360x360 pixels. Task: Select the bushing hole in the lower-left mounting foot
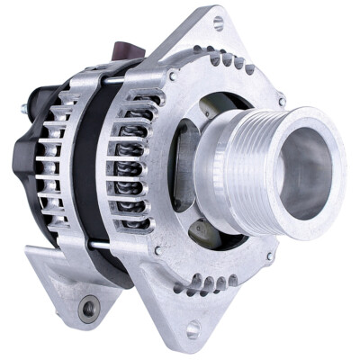pos(88,310)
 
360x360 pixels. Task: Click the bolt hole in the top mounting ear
pos(218,22)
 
